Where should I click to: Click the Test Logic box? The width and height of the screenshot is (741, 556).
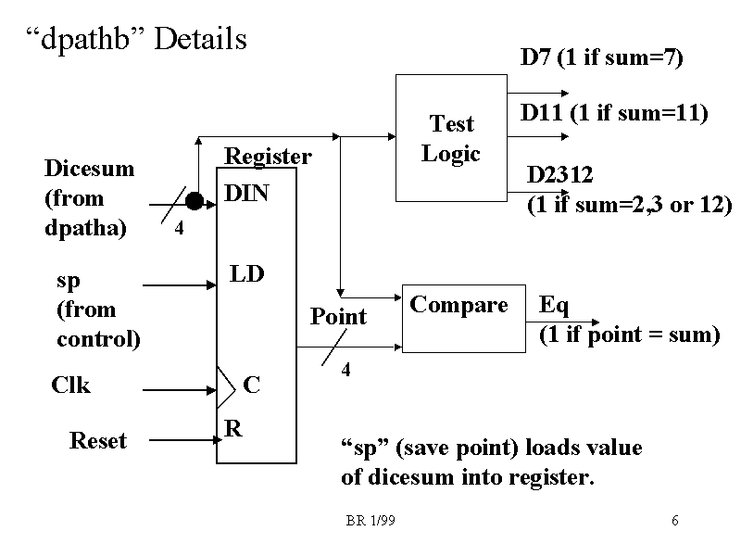click(451, 138)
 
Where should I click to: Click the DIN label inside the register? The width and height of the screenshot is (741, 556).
click(247, 196)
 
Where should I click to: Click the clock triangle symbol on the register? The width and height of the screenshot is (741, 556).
click(226, 385)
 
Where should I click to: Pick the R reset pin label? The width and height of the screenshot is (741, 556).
click(232, 427)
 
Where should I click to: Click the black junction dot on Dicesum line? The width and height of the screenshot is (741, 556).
click(194, 200)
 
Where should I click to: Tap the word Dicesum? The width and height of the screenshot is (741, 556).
click(89, 168)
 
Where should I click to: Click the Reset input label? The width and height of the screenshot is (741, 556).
click(97, 441)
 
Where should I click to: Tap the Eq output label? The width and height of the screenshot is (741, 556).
click(554, 305)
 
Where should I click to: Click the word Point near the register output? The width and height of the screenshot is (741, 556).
click(338, 317)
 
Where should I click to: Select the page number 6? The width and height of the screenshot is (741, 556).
click(675, 521)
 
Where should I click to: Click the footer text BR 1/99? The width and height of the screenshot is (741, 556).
click(370, 521)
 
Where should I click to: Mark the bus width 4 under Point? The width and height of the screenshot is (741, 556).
click(345, 371)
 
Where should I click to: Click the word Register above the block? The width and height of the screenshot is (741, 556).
click(269, 157)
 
